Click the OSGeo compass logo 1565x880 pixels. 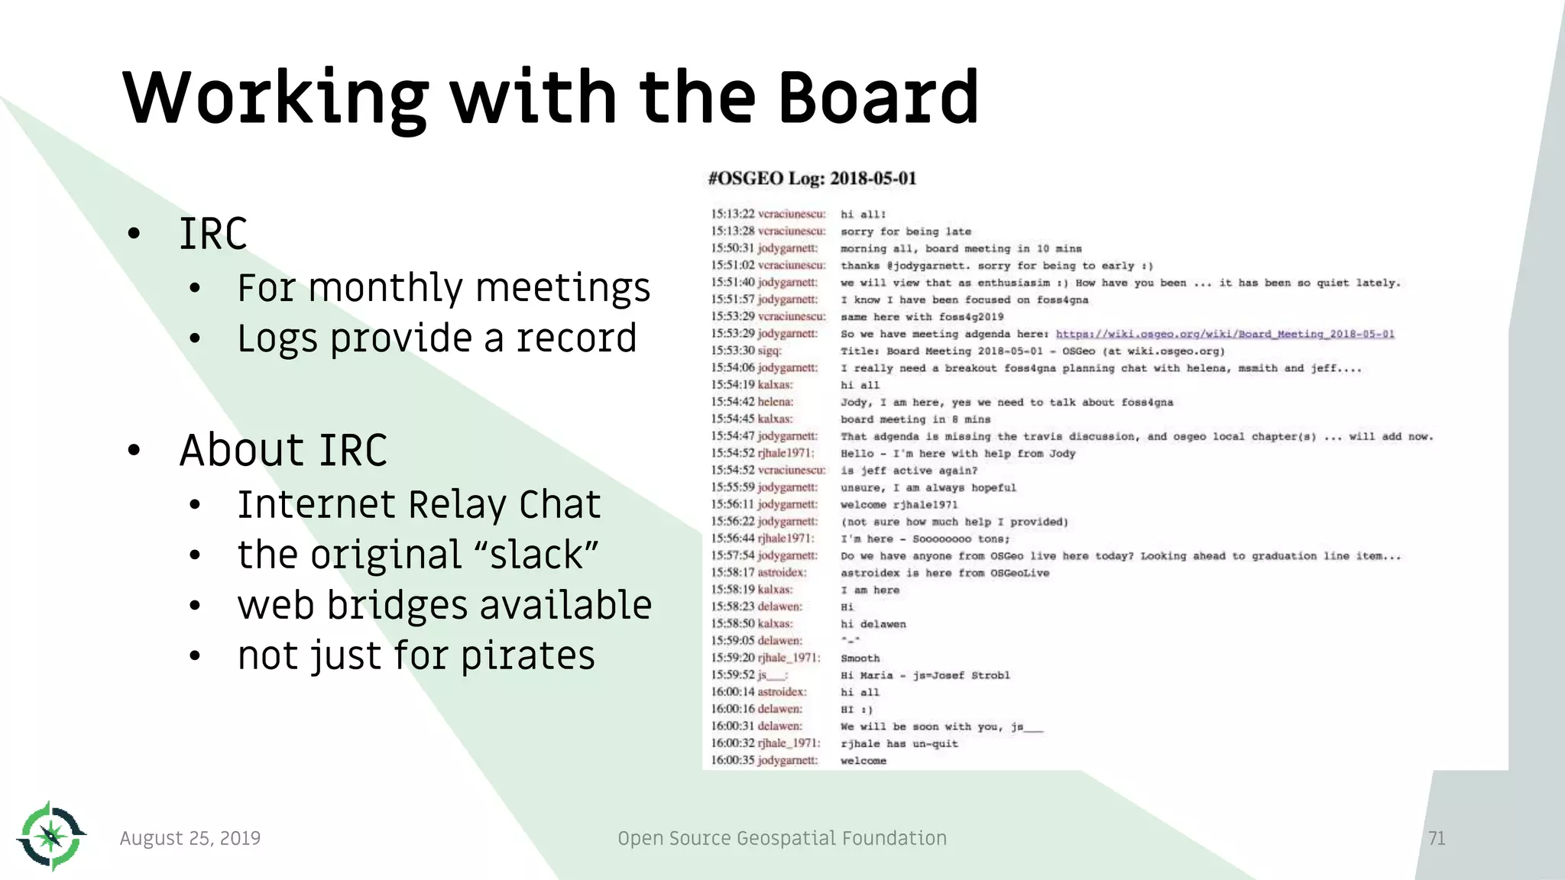coord(50,836)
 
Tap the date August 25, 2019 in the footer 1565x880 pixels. coord(190,839)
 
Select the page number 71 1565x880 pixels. coord(1437,839)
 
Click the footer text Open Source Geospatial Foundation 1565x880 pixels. coord(782,839)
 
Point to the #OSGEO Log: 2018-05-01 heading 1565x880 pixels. coord(812,179)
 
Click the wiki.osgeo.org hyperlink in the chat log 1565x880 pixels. coord(1225,334)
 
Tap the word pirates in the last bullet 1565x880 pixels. coord(527,656)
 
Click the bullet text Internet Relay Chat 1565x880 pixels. coord(419,505)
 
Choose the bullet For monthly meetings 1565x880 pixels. coord(443,288)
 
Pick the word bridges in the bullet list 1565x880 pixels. coord(397,606)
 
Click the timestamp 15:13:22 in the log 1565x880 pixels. coord(732,215)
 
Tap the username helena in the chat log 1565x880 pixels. coord(775,402)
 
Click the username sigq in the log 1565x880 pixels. coord(769,351)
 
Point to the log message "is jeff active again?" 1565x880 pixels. coord(909,471)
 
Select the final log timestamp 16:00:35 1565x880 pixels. coord(732,761)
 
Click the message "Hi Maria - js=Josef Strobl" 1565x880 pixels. coord(925,675)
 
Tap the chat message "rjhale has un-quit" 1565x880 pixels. coord(899,744)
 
